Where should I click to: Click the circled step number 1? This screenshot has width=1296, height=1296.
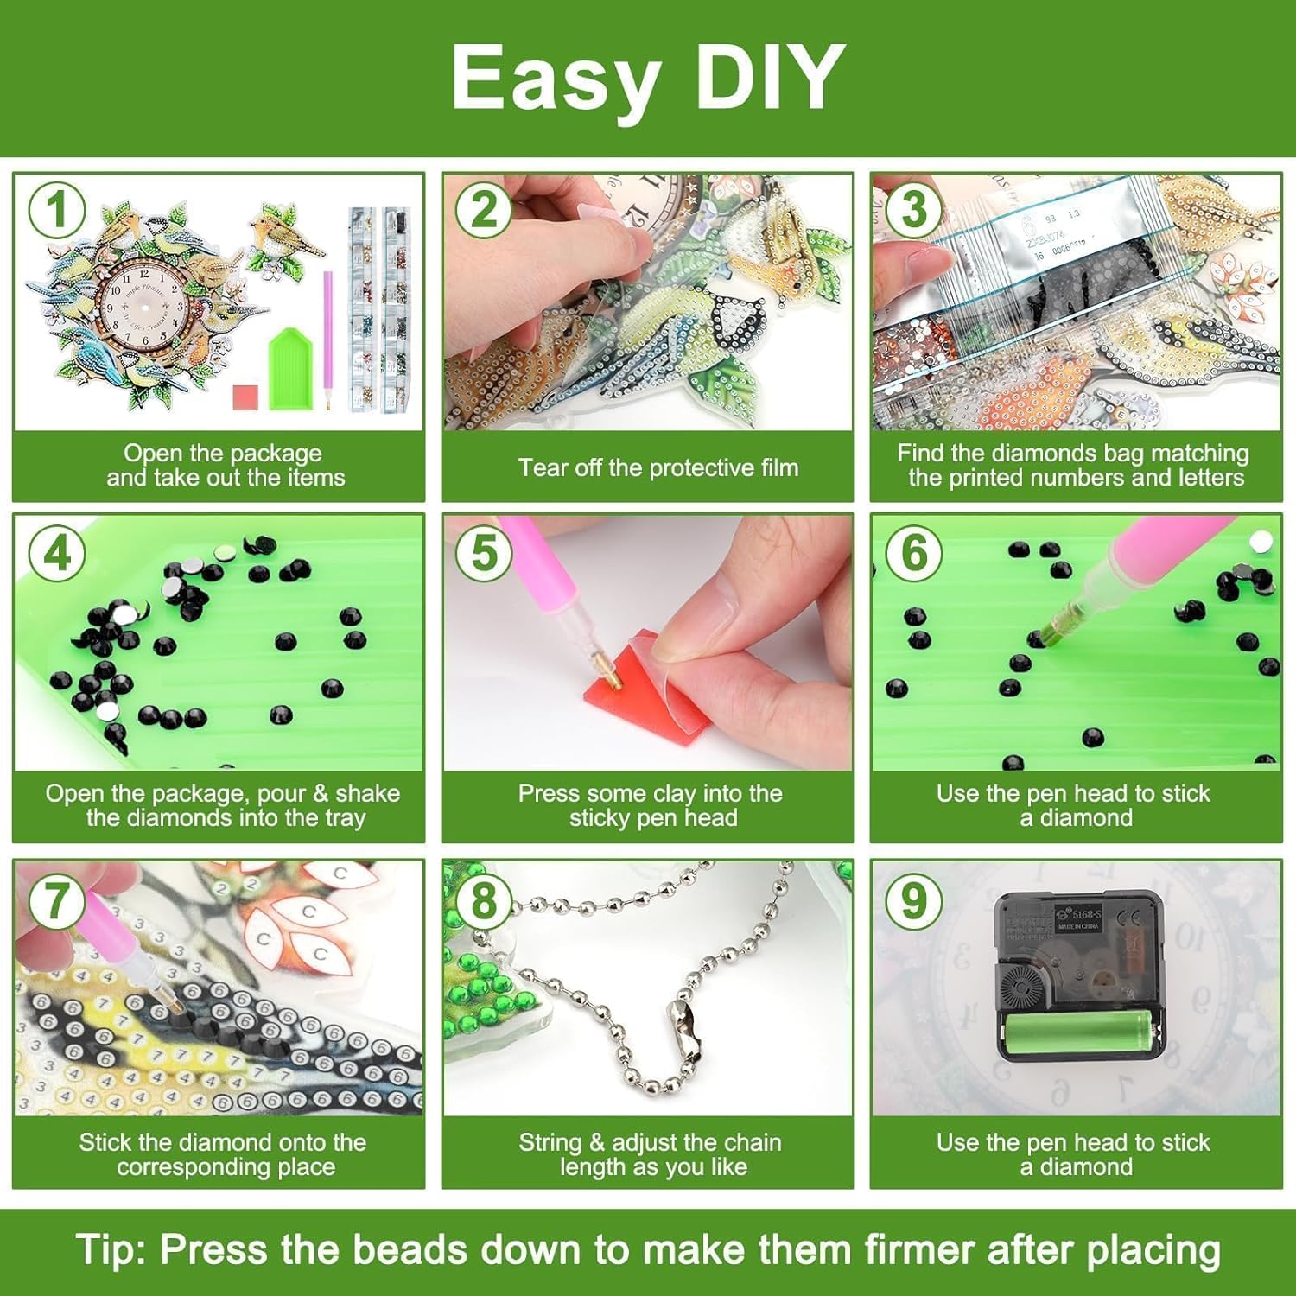[x=57, y=210]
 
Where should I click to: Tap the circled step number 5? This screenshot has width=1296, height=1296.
[x=484, y=552]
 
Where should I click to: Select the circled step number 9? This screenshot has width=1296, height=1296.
[x=913, y=901]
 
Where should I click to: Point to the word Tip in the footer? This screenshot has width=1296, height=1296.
[x=112, y=1249]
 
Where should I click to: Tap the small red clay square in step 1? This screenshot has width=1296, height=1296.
[x=246, y=397]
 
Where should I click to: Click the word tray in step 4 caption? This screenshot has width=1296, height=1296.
[x=343, y=818]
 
